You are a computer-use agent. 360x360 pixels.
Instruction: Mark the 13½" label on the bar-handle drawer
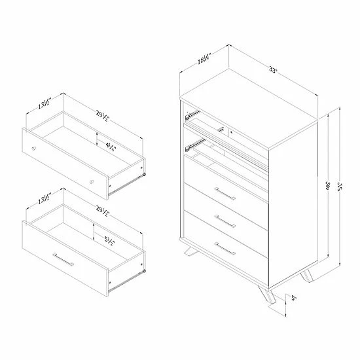43,200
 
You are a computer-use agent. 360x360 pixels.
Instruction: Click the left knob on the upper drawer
35,150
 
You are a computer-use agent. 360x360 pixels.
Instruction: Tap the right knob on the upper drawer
92,179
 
